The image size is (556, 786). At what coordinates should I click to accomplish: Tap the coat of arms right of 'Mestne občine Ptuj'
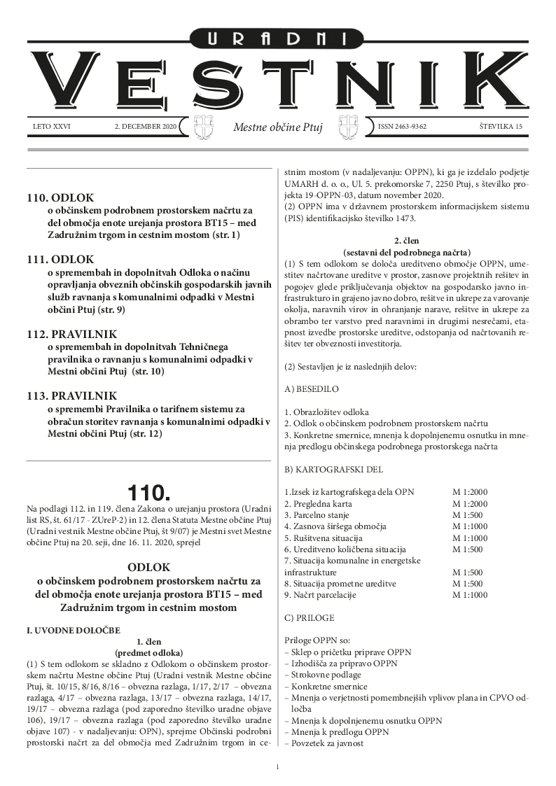[x=349, y=127]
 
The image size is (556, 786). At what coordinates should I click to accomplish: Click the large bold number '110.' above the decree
[x=148, y=491]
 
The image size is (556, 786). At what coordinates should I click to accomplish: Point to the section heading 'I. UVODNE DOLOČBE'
[x=73, y=631]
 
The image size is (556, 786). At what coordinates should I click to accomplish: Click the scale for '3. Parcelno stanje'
[x=466, y=515]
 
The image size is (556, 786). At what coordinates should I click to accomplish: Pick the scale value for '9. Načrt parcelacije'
[x=469, y=595]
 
